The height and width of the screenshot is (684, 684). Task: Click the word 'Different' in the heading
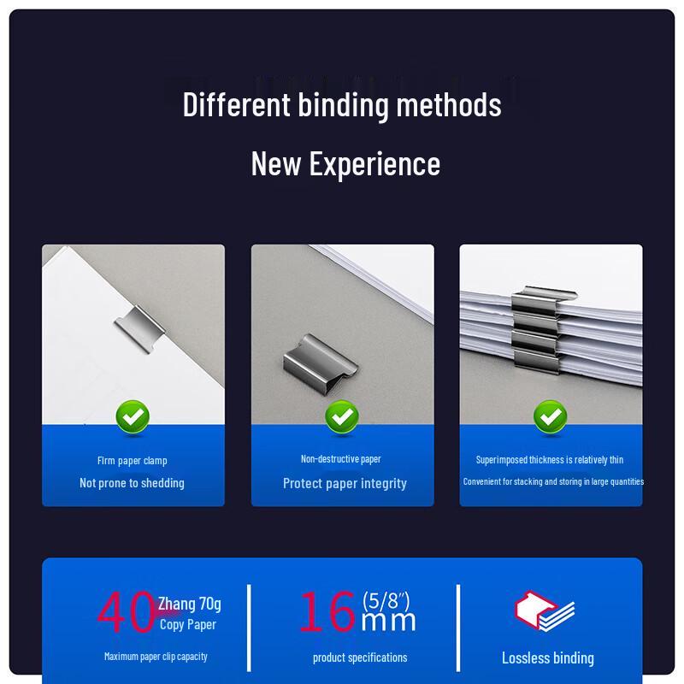[237, 104]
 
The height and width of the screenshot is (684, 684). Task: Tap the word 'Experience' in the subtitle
[374, 164]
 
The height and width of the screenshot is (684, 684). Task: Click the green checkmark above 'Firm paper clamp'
[133, 417]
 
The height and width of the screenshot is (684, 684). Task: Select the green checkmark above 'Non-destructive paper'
[342, 417]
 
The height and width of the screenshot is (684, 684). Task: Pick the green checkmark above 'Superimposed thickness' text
[551, 417]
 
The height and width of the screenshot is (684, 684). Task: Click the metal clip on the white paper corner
[139, 328]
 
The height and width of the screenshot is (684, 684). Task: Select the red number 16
[327, 611]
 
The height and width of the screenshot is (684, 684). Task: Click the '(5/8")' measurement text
[386, 600]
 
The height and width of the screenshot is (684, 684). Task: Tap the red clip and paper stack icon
[545, 610]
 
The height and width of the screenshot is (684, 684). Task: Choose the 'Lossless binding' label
[548, 657]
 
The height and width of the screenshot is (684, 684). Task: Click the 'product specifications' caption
[360, 657]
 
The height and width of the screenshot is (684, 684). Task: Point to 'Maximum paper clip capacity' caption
[156, 657]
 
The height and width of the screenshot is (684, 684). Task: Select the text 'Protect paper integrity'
[345, 483]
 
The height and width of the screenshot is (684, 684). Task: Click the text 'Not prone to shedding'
[132, 483]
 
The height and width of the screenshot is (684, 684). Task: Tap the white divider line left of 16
[249, 628]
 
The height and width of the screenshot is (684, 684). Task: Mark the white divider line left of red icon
[458, 628]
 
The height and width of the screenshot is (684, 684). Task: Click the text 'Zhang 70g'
[189, 604]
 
